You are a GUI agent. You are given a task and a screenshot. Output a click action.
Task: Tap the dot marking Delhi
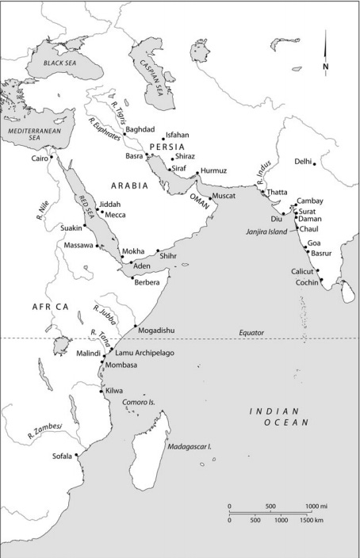315,164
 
